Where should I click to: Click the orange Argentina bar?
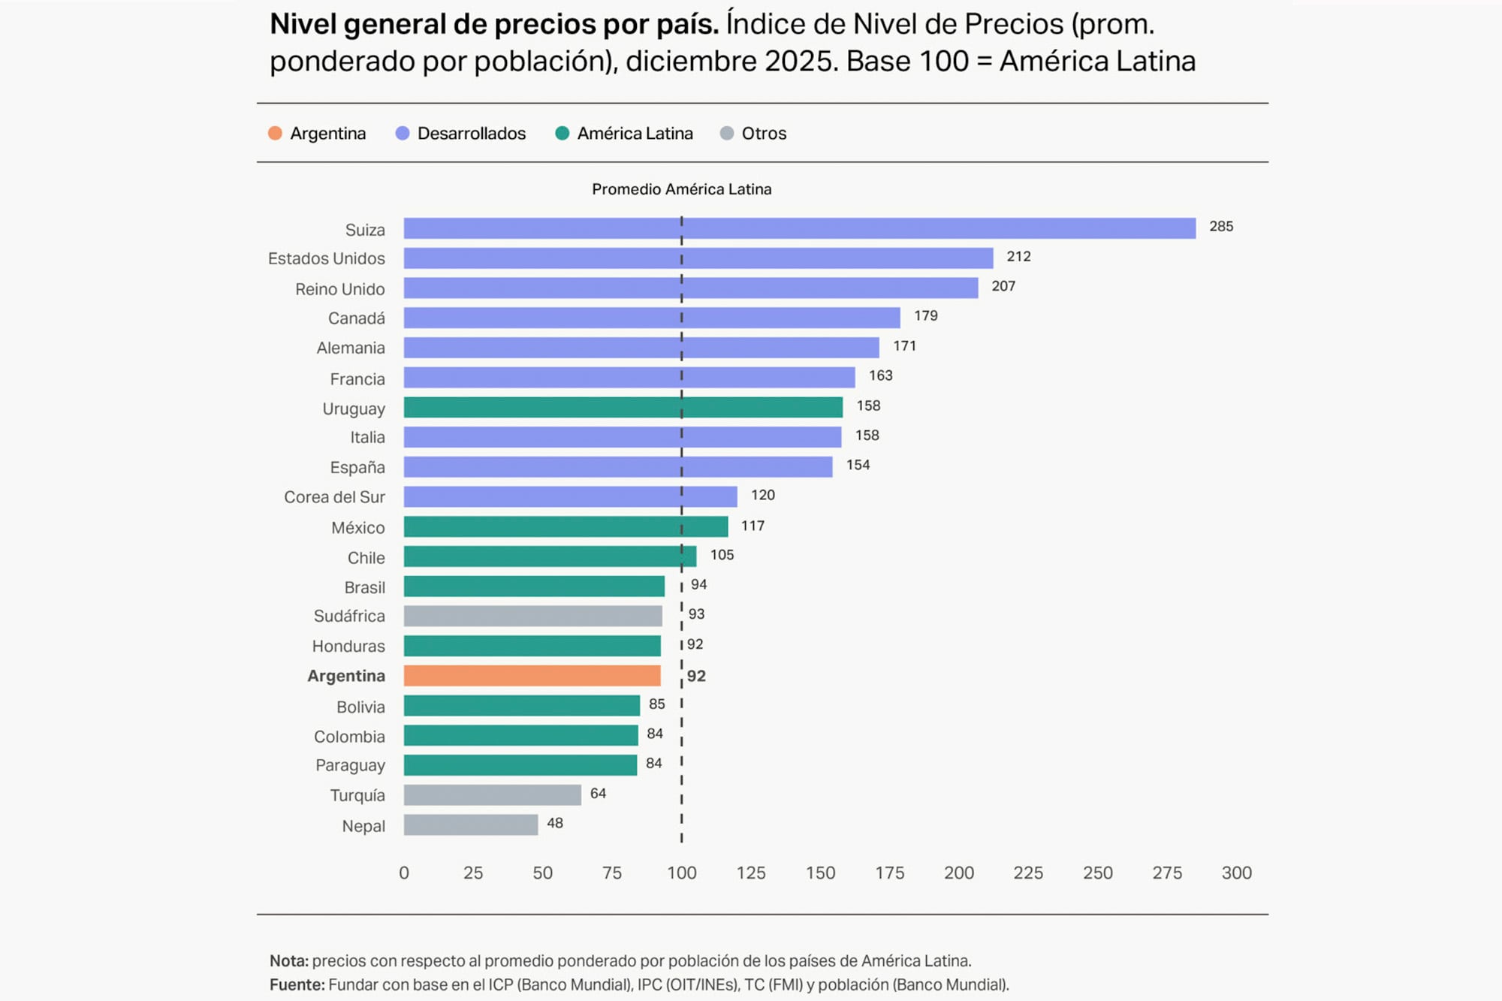[532, 676]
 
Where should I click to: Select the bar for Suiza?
[799, 228]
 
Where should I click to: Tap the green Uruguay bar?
[623, 407]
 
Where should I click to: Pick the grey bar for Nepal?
[470, 825]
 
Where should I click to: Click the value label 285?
[1220, 227]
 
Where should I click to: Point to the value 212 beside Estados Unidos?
[1018, 257]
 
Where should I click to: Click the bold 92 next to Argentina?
[696, 676]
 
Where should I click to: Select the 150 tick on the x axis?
[820, 873]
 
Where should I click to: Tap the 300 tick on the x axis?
[1236, 873]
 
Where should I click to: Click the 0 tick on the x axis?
[404, 873]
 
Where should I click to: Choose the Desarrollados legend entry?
[471, 134]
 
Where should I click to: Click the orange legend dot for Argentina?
[275, 134]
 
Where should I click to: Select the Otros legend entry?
[763, 134]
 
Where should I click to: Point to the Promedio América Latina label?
[681, 189]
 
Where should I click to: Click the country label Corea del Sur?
[334, 497]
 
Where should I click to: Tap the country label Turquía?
[357, 795]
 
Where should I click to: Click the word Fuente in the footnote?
[296, 984]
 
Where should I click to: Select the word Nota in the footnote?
[288, 961]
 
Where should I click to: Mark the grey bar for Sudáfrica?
[532, 616]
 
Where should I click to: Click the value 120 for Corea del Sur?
[762, 495]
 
